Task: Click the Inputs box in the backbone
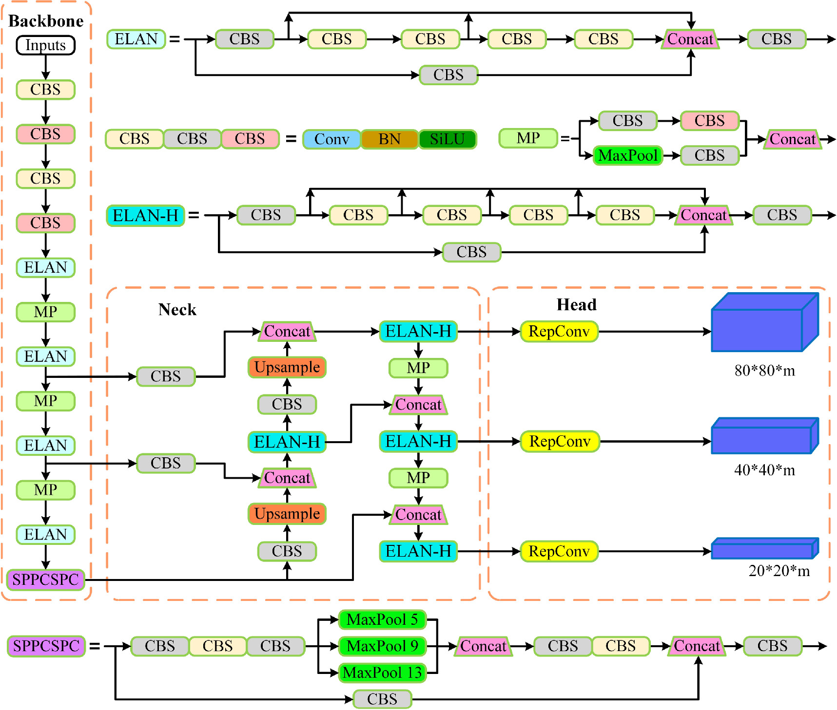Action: point(45,45)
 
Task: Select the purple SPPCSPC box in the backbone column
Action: point(45,579)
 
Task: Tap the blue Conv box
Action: point(331,139)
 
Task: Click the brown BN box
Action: point(389,139)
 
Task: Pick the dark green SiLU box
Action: point(447,139)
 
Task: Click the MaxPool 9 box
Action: point(382,646)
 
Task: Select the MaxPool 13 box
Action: point(382,673)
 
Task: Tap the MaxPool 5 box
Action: point(382,619)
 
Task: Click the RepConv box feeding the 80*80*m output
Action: point(559,332)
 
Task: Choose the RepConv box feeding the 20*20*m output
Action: point(559,551)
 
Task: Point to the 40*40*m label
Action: point(764,470)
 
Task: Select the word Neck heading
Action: point(177,310)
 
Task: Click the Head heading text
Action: point(576,305)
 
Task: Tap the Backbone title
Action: point(46,21)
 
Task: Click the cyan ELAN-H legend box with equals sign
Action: point(145,215)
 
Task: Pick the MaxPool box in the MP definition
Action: point(628,156)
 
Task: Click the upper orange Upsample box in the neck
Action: point(287,367)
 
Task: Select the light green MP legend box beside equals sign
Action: point(528,138)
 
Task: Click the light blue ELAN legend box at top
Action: point(136,39)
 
